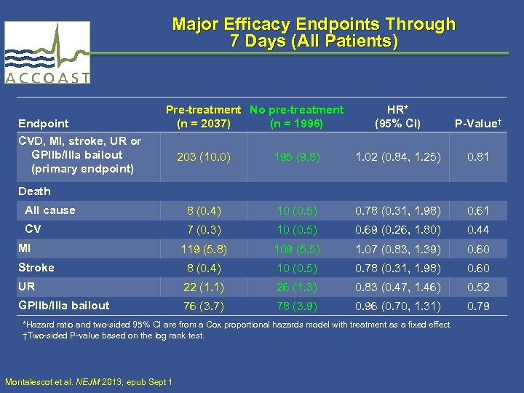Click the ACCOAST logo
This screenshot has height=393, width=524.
47,52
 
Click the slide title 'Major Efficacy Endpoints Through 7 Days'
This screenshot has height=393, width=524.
314,33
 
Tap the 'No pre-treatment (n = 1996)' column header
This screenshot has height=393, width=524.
296,116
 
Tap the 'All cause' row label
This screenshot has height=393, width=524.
50,210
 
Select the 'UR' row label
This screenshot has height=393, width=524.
27,287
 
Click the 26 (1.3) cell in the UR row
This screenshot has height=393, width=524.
296,287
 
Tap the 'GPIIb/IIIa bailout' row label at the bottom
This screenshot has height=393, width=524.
64,306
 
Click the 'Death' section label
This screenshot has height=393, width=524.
35,191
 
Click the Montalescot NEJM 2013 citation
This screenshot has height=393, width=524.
88,381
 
